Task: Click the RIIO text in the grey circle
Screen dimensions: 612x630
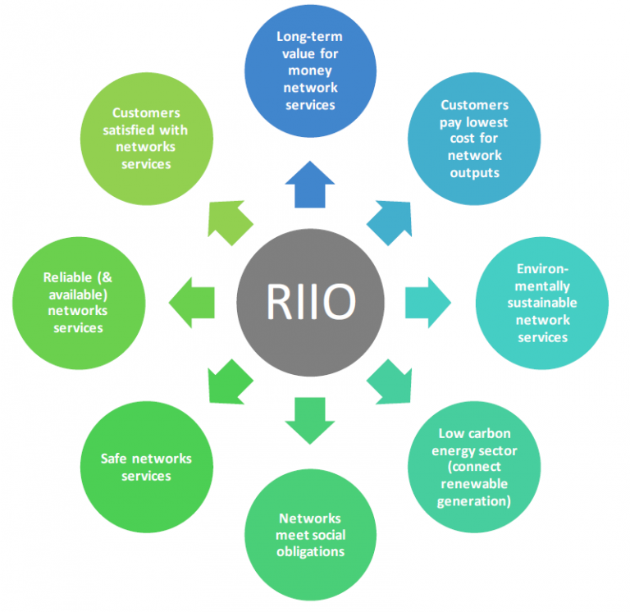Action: pyautogui.click(x=311, y=302)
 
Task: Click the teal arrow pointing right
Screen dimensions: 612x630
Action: pyautogui.click(x=427, y=302)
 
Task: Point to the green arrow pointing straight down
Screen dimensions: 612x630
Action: pyautogui.click(x=310, y=418)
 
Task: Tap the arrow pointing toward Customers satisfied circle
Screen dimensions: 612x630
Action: pyautogui.click(x=231, y=220)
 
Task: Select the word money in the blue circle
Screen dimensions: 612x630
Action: pyautogui.click(x=310, y=71)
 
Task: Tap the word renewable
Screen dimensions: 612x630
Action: pyautogui.click(x=474, y=484)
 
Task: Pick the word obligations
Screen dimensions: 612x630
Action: pyautogui.click(x=311, y=550)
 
